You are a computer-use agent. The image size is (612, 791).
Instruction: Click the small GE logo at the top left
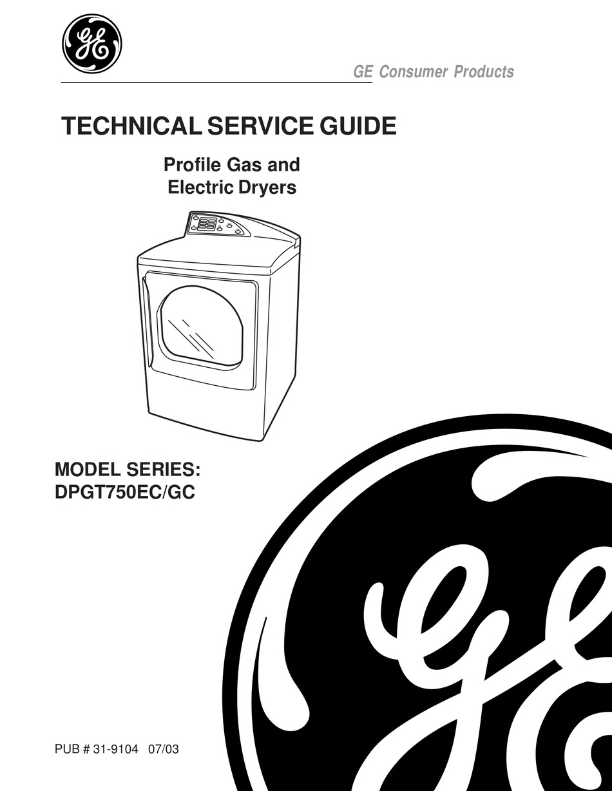click(x=91, y=44)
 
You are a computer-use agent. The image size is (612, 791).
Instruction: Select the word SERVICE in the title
click(x=260, y=126)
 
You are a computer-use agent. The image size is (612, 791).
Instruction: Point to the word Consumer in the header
click(x=413, y=71)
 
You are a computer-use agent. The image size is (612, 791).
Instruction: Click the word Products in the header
click(x=484, y=71)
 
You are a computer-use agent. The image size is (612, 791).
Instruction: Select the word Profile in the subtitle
click(x=192, y=164)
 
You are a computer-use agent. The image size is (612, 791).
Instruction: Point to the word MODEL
click(x=88, y=470)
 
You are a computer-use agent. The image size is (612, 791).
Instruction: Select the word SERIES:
click(x=164, y=470)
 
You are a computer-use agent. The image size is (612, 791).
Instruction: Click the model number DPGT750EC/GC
click(x=125, y=493)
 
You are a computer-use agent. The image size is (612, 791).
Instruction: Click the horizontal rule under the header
click(x=216, y=82)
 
